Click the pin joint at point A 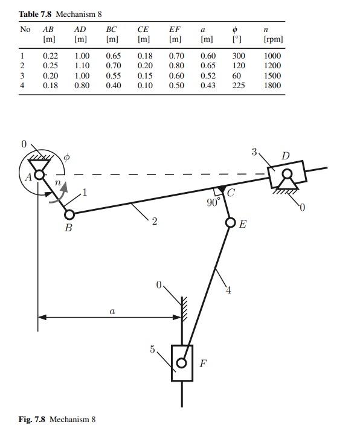[39, 175]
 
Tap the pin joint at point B [69, 214]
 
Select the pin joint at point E [230, 223]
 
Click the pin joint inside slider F [181, 364]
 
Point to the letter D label [285, 156]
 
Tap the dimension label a [112, 312]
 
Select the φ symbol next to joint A [67, 157]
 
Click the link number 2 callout [155, 222]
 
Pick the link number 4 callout [228, 290]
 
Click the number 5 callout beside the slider [153, 349]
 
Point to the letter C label [231, 193]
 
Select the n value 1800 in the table [272, 86]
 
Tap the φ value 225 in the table [238, 86]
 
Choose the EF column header [175, 28]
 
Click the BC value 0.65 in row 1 [113, 56]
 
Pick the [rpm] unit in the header [273, 39]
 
